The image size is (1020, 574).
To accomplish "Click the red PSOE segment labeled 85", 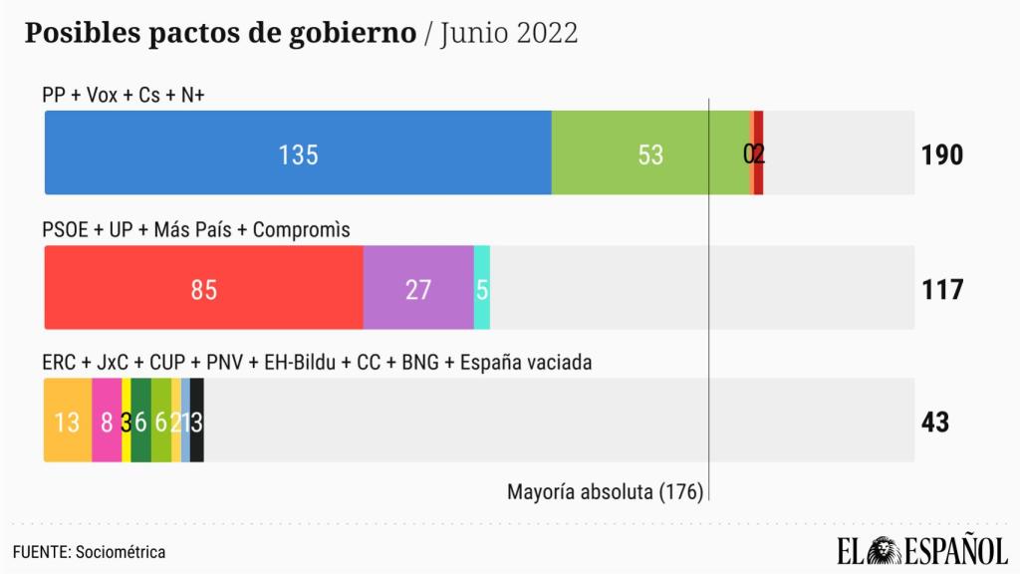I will (203, 288).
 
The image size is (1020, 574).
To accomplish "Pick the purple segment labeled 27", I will (418, 288).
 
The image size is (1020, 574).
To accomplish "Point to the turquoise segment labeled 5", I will (482, 288).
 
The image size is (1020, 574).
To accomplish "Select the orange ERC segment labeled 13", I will (68, 421).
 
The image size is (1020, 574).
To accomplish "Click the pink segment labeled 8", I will (107, 421).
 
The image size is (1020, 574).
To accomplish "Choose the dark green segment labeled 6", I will (140, 421).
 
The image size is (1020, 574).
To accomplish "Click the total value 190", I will (941, 154).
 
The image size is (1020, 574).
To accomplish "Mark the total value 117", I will (941, 289).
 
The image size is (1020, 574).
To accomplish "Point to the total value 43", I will (935, 422).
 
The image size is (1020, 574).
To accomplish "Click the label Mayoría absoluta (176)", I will (605, 491).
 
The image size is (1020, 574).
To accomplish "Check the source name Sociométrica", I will (121, 551).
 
